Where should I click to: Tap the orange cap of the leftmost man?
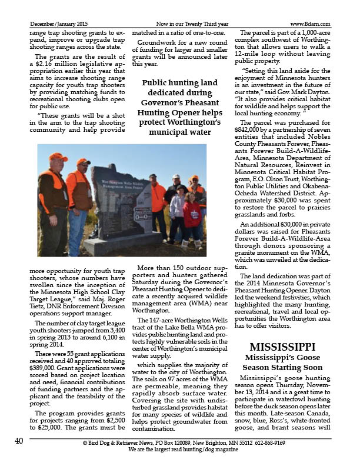(58, 157)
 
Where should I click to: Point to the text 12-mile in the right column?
(257, 51)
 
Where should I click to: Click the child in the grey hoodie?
(177, 207)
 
